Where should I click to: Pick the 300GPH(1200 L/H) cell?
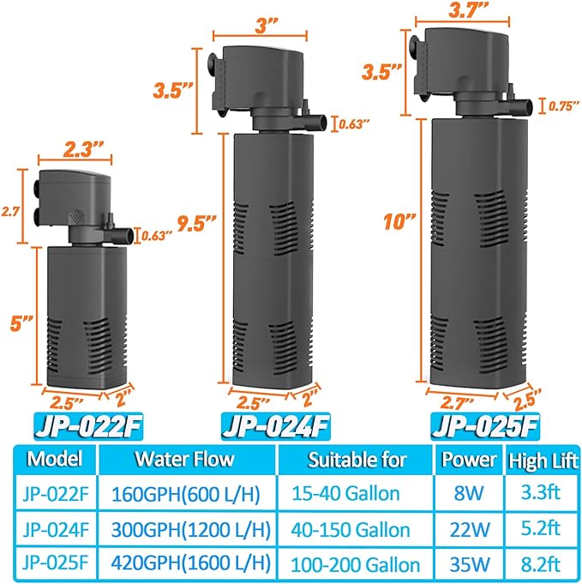pyautogui.click(x=189, y=529)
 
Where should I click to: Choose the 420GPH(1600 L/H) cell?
pyautogui.click(x=189, y=564)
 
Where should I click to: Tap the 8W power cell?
pyautogui.click(x=468, y=494)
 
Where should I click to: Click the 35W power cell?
pyautogui.click(x=468, y=564)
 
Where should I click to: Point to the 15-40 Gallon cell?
pyautogui.click(x=357, y=494)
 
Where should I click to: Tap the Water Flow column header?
pyautogui.click(x=184, y=459)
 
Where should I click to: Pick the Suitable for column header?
pyautogui.click(x=357, y=459)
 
